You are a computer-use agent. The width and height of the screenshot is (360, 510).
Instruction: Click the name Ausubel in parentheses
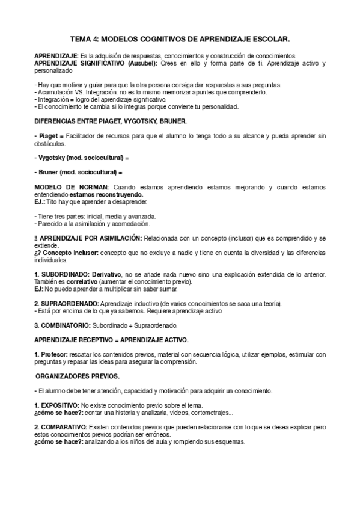(x=142, y=63)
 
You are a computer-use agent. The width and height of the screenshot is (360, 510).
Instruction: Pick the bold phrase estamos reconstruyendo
(x=106, y=195)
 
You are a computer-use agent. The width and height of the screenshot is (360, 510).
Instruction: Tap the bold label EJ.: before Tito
(x=41, y=202)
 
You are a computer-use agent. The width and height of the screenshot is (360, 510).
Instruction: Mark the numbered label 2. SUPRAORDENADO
(x=66, y=304)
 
